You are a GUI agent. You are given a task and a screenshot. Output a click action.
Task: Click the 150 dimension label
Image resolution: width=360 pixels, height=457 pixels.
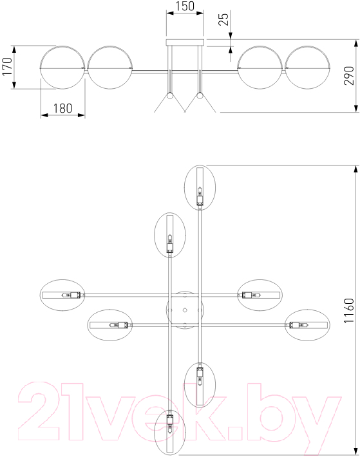(x=185, y=6)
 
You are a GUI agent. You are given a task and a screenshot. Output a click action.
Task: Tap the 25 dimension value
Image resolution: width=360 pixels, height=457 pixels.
(x=224, y=19)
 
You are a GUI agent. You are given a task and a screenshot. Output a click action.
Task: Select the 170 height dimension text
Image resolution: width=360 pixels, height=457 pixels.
(x=7, y=66)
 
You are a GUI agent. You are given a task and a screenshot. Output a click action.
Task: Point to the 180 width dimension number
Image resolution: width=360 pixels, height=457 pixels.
(x=62, y=108)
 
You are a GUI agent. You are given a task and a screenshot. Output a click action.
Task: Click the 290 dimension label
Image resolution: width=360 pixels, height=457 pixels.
(x=349, y=75)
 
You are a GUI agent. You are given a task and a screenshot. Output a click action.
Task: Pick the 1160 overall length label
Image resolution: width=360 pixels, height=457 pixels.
(x=349, y=311)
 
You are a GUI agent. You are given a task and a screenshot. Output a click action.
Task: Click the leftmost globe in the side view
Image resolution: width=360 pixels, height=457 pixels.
(x=62, y=68)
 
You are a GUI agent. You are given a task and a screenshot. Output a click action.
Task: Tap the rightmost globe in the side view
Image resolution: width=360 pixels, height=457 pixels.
(x=307, y=68)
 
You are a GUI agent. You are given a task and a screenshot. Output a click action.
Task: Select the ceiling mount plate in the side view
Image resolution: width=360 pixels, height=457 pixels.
(x=185, y=42)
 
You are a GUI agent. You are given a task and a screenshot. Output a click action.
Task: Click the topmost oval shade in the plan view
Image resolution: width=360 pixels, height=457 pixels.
(x=200, y=187)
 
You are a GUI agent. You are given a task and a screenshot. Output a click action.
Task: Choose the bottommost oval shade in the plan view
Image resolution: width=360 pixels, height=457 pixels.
(x=170, y=432)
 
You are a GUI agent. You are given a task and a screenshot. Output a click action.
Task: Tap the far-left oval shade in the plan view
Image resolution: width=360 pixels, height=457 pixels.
(x=62, y=295)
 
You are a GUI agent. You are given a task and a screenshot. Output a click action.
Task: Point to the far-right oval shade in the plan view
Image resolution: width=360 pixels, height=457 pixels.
(x=307, y=325)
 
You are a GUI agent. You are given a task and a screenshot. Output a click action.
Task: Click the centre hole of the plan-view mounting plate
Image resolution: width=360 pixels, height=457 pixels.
(x=185, y=310)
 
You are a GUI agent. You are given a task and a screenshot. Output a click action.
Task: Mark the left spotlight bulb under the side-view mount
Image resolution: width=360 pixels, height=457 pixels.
(x=169, y=96)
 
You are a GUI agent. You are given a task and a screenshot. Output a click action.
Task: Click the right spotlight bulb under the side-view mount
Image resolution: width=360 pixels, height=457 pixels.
(x=200, y=96)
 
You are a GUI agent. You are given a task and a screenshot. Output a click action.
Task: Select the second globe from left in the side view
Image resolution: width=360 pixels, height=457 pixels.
(x=110, y=68)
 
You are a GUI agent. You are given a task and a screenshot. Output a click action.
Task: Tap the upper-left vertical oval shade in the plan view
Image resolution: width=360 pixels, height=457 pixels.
(x=170, y=235)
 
